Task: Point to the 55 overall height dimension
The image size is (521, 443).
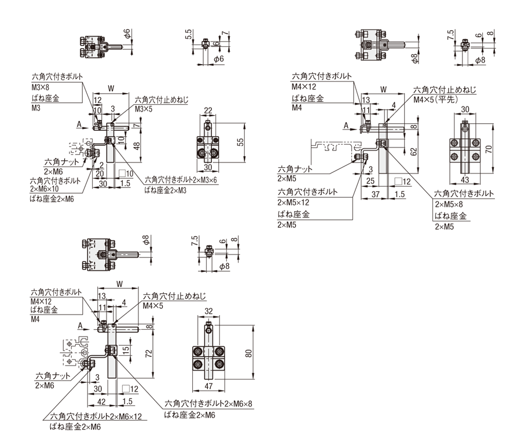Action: pos(241,141)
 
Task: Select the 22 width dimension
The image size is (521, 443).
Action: pos(208,110)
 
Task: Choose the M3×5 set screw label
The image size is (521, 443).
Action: pos(143,109)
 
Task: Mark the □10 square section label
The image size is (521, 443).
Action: pos(126,173)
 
